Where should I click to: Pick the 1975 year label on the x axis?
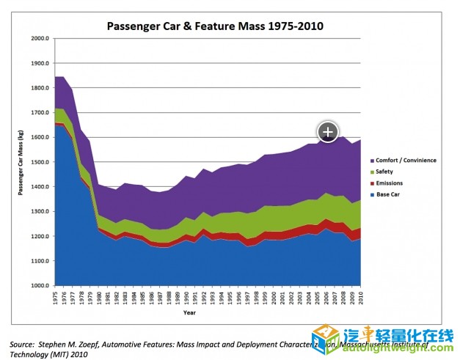56,298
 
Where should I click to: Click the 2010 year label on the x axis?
360,298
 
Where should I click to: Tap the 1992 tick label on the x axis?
204,298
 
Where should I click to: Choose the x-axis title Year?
189,312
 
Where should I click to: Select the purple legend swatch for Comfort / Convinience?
374,160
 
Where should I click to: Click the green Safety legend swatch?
374,172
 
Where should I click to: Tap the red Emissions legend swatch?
374,183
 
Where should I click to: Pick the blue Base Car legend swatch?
374,194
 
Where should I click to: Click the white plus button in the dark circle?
327,131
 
